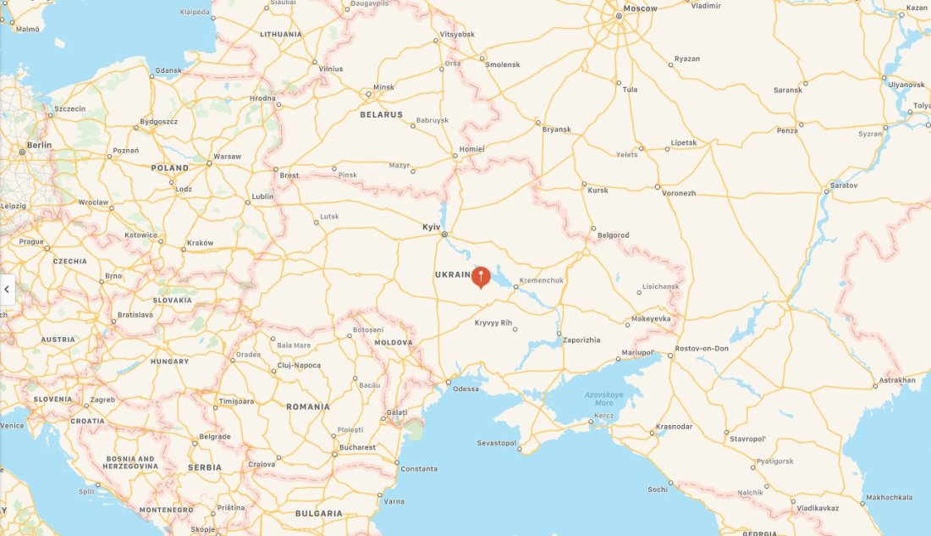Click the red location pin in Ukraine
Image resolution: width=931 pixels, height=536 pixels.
click(x=481, y=276)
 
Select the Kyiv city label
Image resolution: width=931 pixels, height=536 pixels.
click(x=432, y=227)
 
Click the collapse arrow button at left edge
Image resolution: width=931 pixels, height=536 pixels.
click(x=7, y=290)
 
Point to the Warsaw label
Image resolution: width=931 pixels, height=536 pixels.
click(x=227, y=157)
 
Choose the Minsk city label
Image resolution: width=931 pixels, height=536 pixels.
click(x=384, y=87)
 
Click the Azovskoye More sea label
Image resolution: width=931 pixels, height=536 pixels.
click(x=603, y=399)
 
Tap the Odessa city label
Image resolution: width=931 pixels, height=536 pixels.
click(x=465, y=389)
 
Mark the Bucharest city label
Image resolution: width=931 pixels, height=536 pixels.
click(x=357, y=447)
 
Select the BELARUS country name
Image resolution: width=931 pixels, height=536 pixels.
click(x=382, y=114)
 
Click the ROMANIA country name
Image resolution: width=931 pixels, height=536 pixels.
click(x=308, y=406)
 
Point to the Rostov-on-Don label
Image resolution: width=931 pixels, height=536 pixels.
click(x=702, y=349)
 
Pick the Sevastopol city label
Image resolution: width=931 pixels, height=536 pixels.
click(x=496, y=443)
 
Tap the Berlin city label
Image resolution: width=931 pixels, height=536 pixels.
click(x=39, y=145)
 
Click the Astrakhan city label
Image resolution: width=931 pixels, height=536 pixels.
click(x=897, y=380)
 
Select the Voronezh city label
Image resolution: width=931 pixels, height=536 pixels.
click(x=679, y=193)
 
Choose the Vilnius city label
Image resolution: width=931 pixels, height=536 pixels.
click(x=331, y=68)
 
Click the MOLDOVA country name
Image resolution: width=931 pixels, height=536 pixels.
click(x=394, y=343)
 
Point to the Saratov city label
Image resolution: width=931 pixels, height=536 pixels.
click(x=844, y=185)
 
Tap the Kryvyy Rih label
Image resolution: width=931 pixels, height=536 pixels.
click(x=493, y=323)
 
